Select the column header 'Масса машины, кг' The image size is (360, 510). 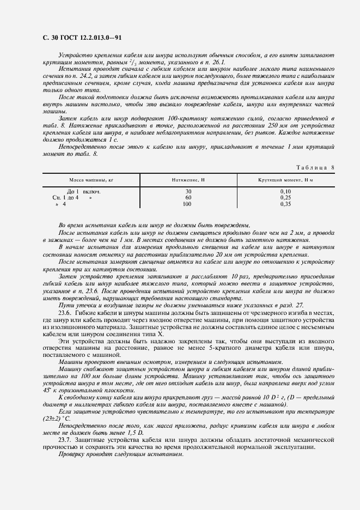click(x=90, y=179)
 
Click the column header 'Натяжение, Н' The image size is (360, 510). click(x=187, y=179)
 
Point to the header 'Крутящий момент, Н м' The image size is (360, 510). click(x=285, y=179)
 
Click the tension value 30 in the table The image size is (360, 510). click(x=188, y=192)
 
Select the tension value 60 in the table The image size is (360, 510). click(x=188, y=198)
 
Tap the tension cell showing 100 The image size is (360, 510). click(x=188, y=204)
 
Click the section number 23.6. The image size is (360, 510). click(x=65, y=314)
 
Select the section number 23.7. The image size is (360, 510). click(x=65, y=439)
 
